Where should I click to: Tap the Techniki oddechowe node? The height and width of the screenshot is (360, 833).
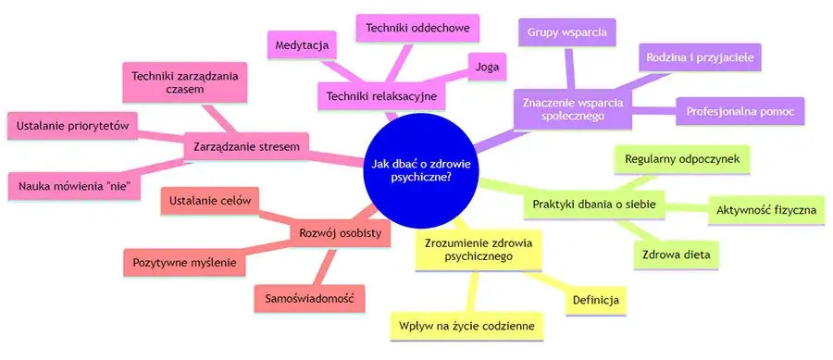point(417,29)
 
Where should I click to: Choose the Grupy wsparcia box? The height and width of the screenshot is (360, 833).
point(567,34)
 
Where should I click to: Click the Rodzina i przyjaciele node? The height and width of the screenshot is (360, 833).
point(701,59)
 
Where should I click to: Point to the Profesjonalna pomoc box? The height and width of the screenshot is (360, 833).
point(740,111)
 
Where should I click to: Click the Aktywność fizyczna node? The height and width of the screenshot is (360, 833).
point(765,211)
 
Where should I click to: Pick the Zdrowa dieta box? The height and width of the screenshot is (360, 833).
point(676,254)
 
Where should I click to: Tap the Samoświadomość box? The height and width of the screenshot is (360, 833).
point(309,298)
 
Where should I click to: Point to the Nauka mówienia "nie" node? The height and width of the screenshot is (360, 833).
point(79,186)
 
